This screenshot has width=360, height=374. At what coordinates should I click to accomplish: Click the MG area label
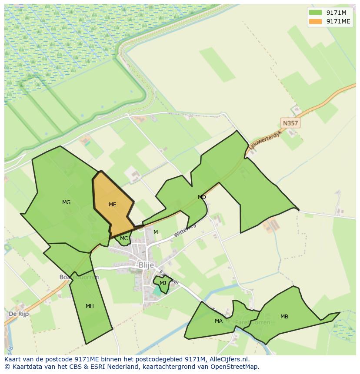click(66, 202)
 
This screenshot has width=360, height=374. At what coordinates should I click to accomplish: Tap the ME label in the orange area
click(112, 205)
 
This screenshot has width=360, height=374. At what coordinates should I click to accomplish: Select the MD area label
click(202, 197)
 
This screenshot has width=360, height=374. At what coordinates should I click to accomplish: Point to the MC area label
click(124, 238)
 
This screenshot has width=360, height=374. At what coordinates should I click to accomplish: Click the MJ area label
click(163, 283)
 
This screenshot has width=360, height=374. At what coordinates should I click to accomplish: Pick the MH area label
click(90, 306)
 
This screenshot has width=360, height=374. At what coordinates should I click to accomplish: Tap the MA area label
click(218, 321)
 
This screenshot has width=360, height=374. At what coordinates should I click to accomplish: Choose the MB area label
click(284, 317)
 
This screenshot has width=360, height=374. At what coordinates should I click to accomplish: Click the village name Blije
click(146, 265)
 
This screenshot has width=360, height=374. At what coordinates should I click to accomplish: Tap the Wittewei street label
click(185, 230)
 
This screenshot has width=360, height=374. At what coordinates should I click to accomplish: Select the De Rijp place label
click(19, 314)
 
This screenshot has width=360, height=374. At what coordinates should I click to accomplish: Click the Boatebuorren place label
click(79, 277)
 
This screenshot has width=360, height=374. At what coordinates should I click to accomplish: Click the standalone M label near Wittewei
click(156, 232)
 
